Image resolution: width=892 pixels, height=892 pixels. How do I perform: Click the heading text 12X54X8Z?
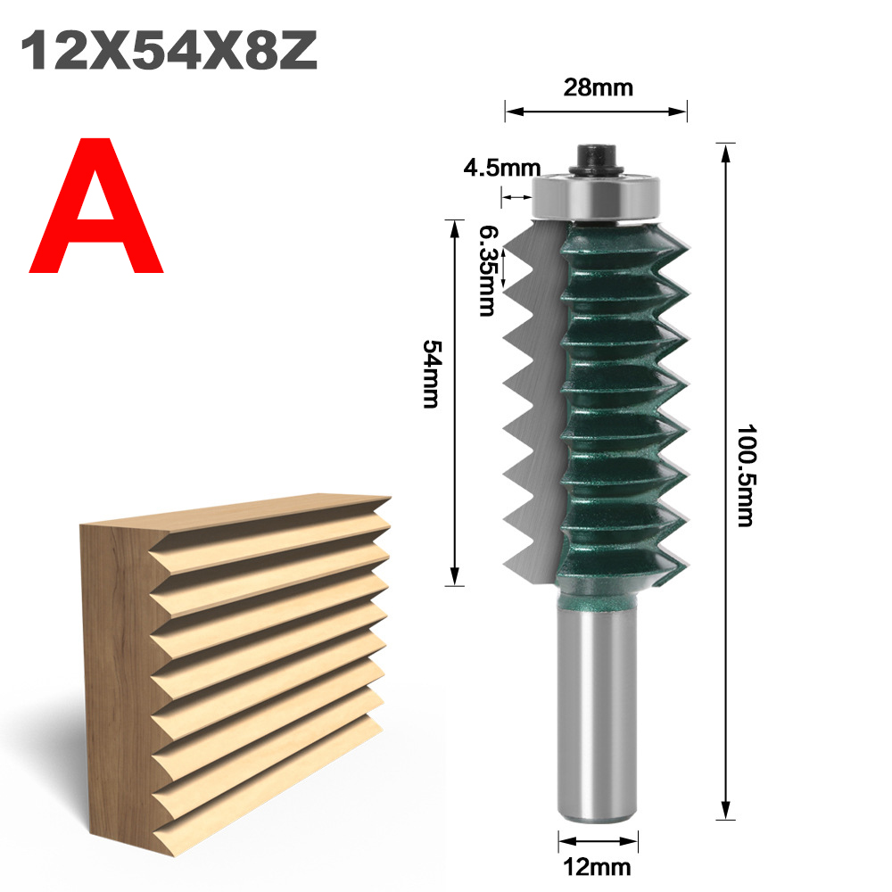point(169,51)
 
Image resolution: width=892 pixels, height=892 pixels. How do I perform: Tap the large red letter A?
point(96,206)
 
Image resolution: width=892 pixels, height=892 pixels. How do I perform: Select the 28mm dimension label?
point(598,87)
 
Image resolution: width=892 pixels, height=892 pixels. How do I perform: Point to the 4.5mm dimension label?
point(501,168)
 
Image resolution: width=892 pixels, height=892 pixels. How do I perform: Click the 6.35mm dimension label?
point(486,271)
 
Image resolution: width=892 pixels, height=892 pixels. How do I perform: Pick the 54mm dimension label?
point(431,374)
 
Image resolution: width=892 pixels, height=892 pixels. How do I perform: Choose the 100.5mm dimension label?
point(745,475)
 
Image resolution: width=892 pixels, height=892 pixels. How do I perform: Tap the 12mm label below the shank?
point(597,868)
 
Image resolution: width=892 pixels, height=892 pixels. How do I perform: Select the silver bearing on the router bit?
point(596,197)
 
